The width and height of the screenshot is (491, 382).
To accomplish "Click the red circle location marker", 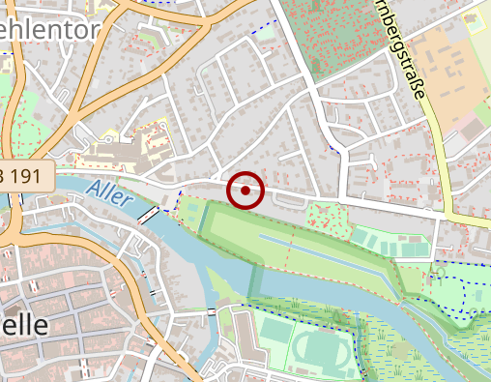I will pyautogui.click(x=245, y=191).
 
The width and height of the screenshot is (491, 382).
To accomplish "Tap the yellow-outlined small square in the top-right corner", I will pyautogui.click(x=473, y=18).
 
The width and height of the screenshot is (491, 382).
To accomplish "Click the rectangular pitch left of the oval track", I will pyautogui.click(x=276, y=334).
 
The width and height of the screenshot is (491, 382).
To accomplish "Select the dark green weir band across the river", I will pyautogui.click(x=255, y=280).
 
